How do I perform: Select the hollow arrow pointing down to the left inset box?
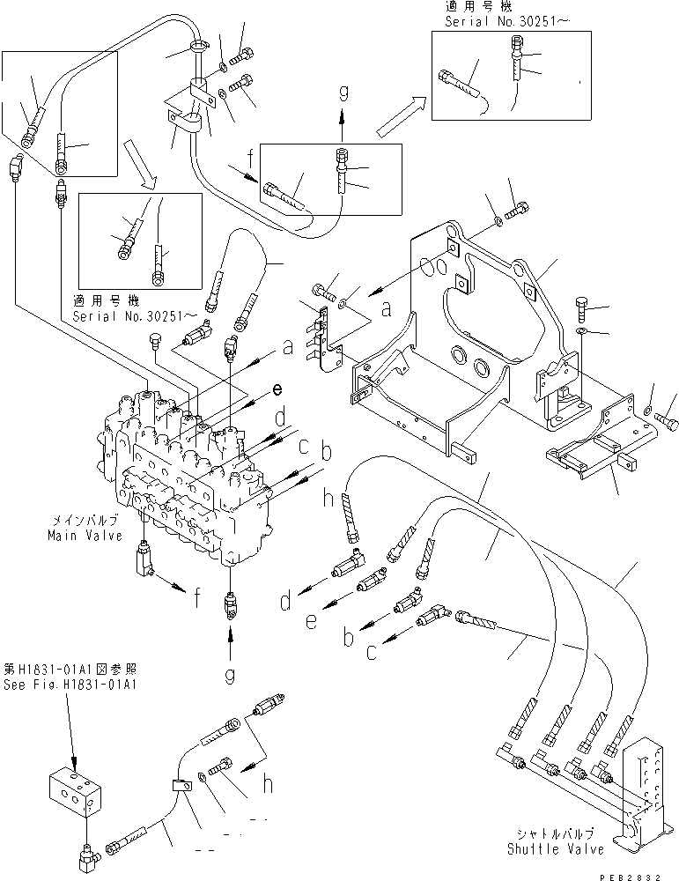(x=141, y=168)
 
